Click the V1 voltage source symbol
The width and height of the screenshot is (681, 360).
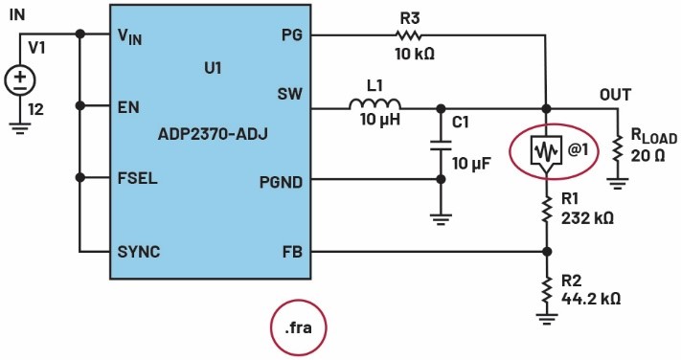(20, 80)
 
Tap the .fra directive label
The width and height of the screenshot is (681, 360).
(298, 327)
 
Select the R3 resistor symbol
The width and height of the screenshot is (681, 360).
(408, 35)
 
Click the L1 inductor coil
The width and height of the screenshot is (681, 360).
(375, 104)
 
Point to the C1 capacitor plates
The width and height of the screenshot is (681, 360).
(441, 146)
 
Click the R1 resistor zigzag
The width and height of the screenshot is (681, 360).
(547, 209)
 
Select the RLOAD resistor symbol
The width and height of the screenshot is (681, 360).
(617, 149)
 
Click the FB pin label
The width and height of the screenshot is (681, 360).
(292, 253)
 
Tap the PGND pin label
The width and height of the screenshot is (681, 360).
(281, 182)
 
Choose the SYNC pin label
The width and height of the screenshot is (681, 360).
(139, 252)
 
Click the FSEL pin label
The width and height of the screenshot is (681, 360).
(137, 178)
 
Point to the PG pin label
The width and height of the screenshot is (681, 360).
(292, 34)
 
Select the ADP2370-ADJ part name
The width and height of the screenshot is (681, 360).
(213, 134)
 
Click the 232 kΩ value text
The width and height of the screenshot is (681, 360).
(588, 217)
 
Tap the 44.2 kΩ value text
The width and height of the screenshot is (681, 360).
(591, 299)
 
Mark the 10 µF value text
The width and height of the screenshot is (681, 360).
(471, 164)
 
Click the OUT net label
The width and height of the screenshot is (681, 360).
(616, 95)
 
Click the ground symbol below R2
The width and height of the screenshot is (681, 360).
(547, 319)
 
